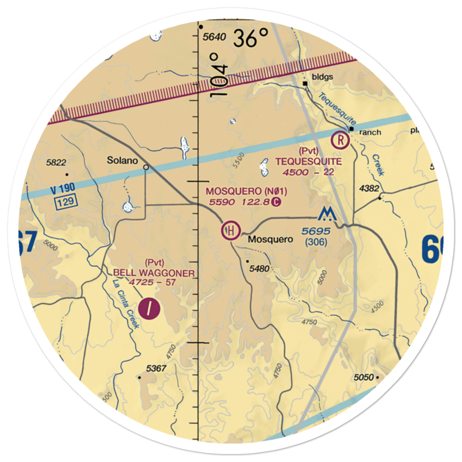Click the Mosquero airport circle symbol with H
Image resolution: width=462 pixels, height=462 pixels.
pyautogui.click(x=231, y=230)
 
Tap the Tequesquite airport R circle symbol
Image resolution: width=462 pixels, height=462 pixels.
pyautogui.click(x=340, y=139)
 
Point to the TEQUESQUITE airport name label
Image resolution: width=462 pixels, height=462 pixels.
pyautogui.click(x=309, y=161)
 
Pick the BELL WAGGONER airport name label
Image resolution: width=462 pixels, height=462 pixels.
pyautogui.click(x=152, y=273)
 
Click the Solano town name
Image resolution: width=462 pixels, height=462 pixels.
pyautogui.click(x=122, y=161)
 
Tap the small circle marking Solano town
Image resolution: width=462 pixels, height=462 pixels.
pyautogui.click(x=146, y=167)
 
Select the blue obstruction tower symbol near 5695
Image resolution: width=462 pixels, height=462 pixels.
pyautogui.click(x=327, y=213)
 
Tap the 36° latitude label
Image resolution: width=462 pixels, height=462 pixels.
pyautogui.click(x=251, y=38)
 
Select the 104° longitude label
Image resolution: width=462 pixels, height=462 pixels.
pyautogui.click(x=220, y=74)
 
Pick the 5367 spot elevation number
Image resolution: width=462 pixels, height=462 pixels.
pyautogui.click(x=156, y=368)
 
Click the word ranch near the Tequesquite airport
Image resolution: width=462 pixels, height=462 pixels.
pyautogui.click(x=370, y=133)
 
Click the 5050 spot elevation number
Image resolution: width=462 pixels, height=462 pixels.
pyautogui.click(x=364, y=377)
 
